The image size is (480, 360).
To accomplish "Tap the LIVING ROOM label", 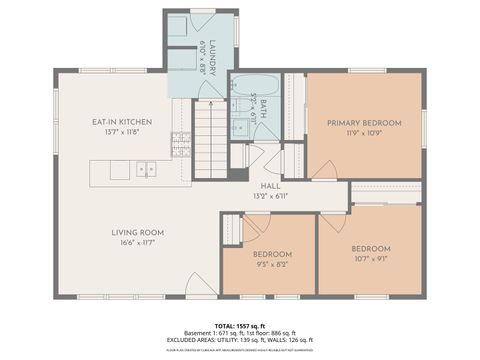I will [x=137, y=232].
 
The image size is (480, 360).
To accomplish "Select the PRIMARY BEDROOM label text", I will [x=364, y=123].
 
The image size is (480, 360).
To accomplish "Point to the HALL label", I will [x=270, y=186].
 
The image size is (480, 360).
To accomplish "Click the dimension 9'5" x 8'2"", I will [x=271, y=265].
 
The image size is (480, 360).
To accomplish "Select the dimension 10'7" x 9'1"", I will [x=370, y=257].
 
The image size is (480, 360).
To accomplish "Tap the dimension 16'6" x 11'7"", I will [x=137, y=242].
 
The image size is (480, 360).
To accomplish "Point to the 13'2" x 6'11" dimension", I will [x=270, y=196].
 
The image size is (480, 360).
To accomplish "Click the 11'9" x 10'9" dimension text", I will [x=364, y=133].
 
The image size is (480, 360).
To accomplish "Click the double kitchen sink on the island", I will [x=146, y=169].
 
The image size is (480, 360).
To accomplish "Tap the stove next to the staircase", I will [x=181, y=140].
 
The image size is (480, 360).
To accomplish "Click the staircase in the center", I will [x=209, y=140].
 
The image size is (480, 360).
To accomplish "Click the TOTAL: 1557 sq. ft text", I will [x=239, y=326].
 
